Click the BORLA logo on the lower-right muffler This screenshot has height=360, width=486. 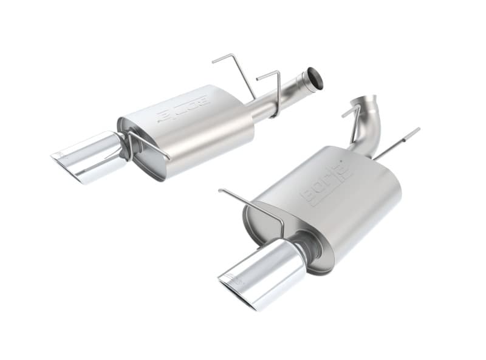click(322, 183)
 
